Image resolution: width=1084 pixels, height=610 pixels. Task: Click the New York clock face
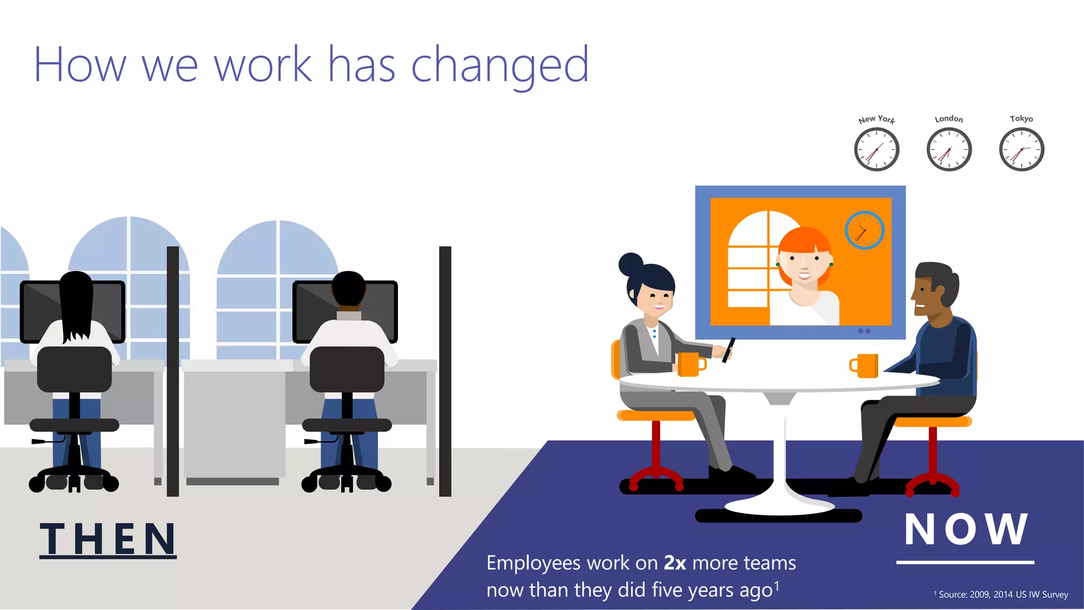point(877,149)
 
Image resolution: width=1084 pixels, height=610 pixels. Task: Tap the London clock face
point(949,149)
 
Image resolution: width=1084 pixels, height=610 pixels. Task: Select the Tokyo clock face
point(1022,149)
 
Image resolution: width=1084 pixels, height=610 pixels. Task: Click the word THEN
point(108,539)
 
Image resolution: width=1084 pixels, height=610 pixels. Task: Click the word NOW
point(965,529)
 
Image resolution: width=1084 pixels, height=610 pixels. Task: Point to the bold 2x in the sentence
point(675,563)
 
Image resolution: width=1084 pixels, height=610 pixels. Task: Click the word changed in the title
point(500,65)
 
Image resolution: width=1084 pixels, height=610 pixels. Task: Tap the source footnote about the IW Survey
point(1001,595)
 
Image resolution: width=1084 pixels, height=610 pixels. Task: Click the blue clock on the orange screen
point(864,230)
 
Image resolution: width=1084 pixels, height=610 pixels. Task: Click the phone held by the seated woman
point(729,350)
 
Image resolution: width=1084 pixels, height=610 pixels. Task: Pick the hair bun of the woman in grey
point(630,263)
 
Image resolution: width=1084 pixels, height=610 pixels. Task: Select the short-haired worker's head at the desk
point(348,289)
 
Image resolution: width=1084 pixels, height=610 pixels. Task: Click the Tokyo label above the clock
point(1021,119)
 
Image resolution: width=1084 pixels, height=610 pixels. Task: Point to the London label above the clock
point(948,119)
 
